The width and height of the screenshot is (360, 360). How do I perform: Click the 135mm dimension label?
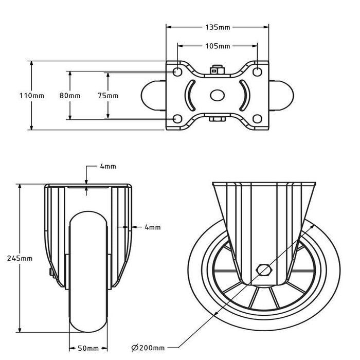click(x=218, y=27)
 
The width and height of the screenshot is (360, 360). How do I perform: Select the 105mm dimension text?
click(x=218, y=46)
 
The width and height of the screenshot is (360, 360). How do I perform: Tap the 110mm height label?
click(x=32, y=96)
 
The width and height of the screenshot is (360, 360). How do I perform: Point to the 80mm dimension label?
click(x=70, y=96)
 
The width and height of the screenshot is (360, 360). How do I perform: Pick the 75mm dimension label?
click(x=108, y=96)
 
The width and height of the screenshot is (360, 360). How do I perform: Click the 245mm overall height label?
click(x=20, y=258)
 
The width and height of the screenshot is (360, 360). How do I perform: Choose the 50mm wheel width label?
click(x=88, y=349)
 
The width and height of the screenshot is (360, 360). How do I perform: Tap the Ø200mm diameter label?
click(x=148, y=348)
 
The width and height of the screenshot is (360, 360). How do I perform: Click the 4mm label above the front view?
click(x=108, y=166)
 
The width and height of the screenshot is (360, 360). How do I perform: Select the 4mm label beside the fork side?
click(x=153, y=227)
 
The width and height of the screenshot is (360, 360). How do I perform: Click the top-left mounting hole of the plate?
click(x=177, y=72)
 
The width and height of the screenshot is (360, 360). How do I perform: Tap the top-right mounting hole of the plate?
click(x=257, y=72)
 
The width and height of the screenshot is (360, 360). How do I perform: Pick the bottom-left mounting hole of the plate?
click(x=177, y=119)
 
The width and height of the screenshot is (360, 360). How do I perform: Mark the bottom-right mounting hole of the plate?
click(x=257, y=119)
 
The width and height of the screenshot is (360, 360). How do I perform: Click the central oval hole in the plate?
click(x=217, y=95)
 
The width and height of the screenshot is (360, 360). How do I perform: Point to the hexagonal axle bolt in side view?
click(x=264, y=270)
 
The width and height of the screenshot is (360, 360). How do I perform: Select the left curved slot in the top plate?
click(x=189, y=95)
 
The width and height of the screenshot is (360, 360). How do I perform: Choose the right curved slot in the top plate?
click(x=246, y=95)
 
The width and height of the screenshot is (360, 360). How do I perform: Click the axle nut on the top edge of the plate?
click(x=217, y=70)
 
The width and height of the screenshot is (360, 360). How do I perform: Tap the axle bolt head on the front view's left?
click(x=51, y=273)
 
